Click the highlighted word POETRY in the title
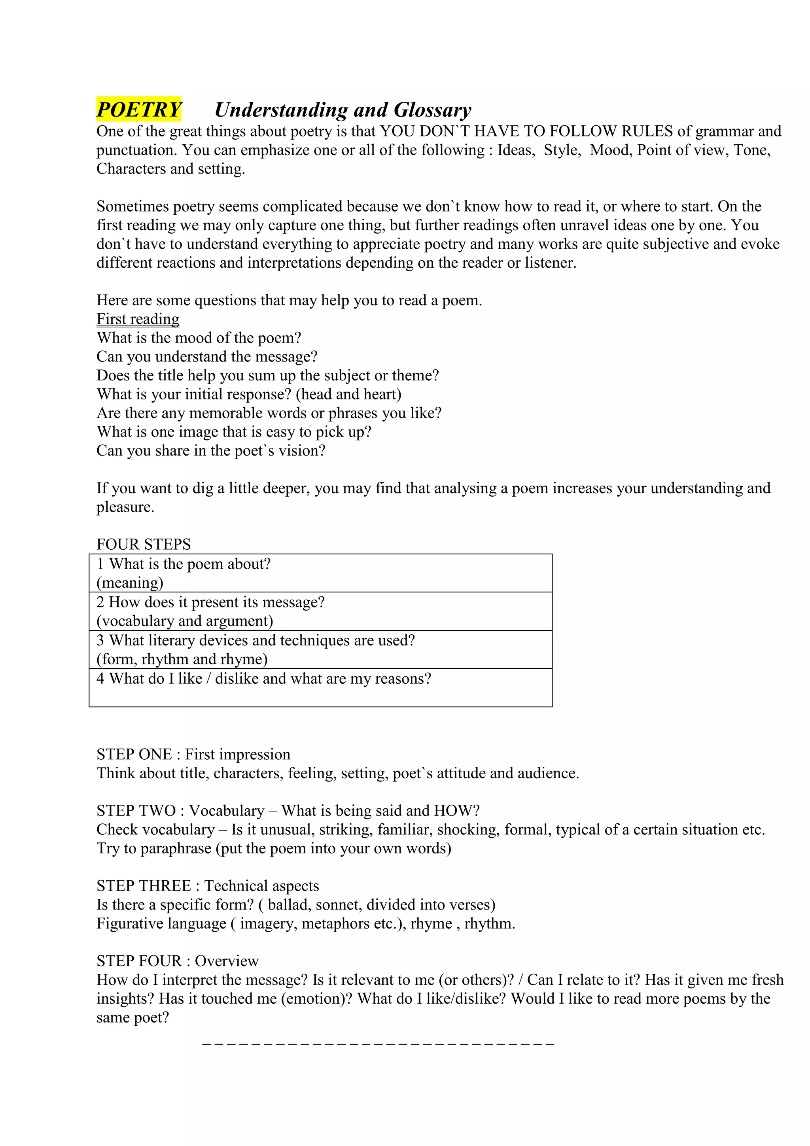point(139,109)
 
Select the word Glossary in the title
point(432,110)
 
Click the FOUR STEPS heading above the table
point(143,544)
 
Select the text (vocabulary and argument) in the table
point(185,621)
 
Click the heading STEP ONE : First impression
point(193,754)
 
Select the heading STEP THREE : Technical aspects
point(208,885)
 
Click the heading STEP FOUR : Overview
point(177,961)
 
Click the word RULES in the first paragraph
point(647,131)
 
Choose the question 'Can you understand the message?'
point(206,357)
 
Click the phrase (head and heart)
point(348,394)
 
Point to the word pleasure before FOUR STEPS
point(125,507)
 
